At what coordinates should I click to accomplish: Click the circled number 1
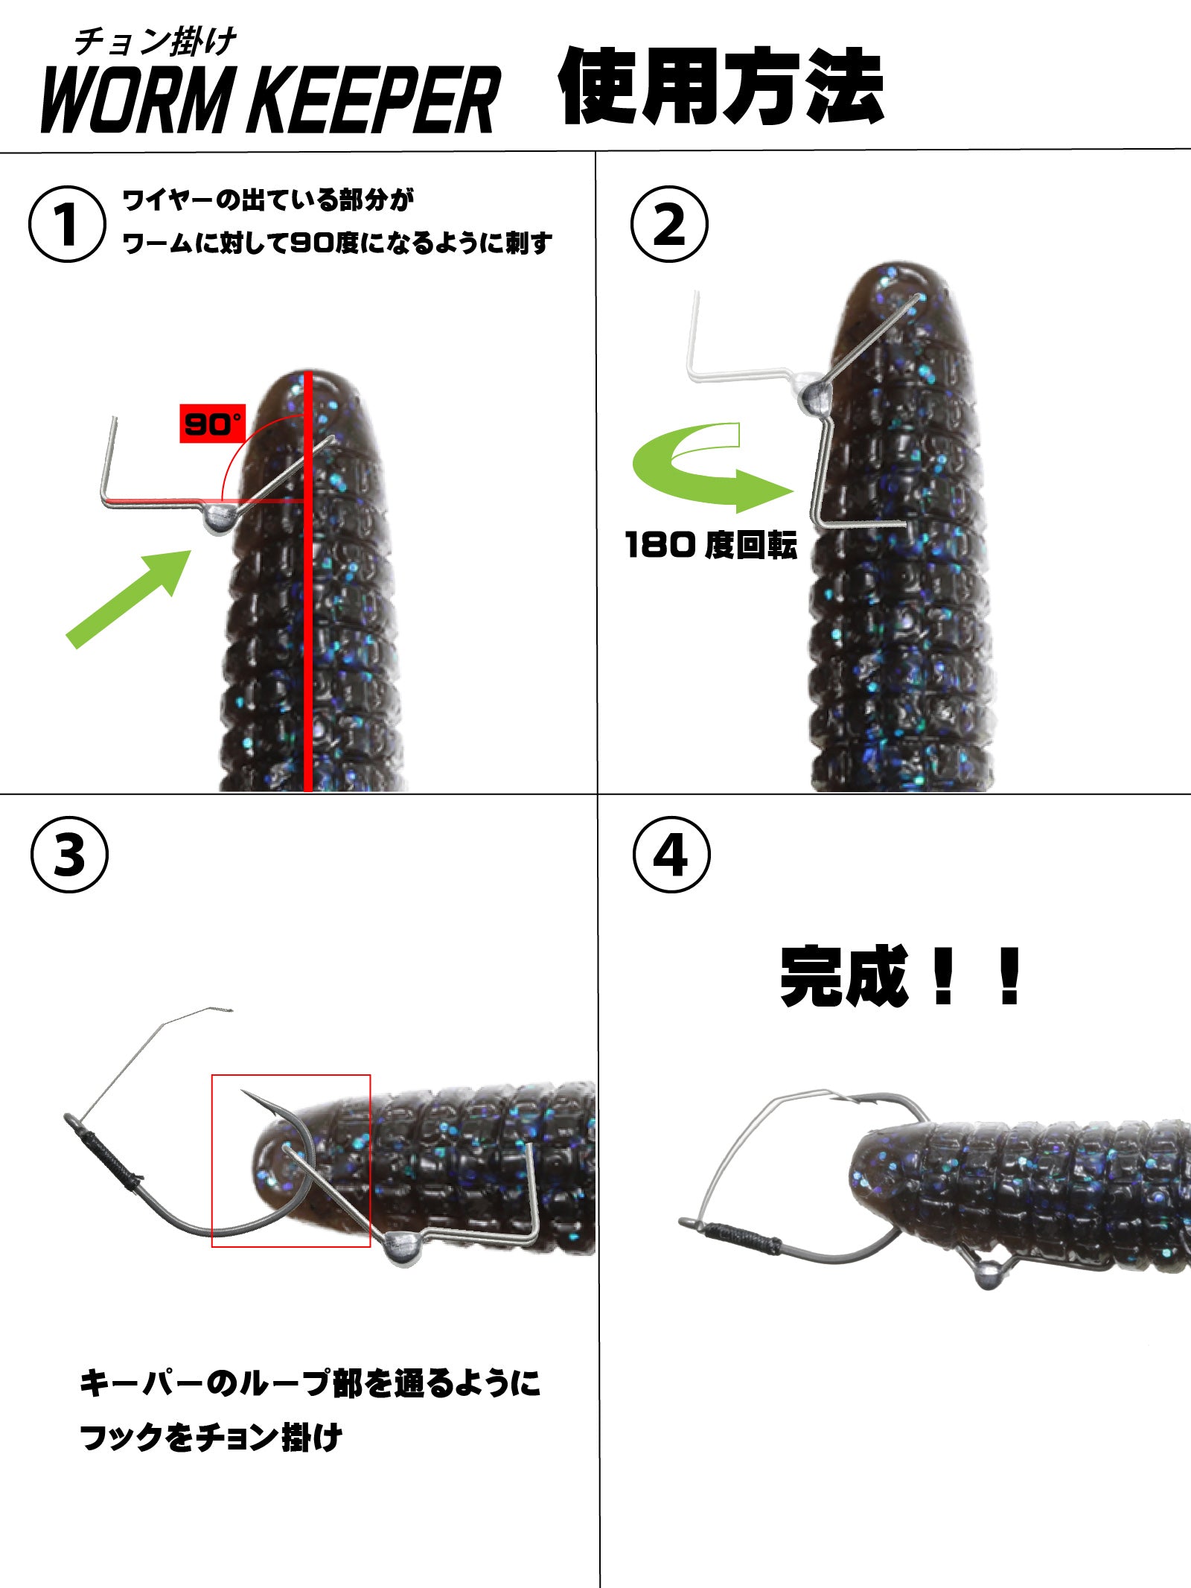[x=67, y=224]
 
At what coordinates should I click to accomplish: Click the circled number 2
[x=669, y=224]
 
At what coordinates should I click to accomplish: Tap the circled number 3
[x=69, y=855]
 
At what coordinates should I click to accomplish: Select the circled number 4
[x=671, y=855]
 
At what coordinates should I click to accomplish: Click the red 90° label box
[x=212, y=424]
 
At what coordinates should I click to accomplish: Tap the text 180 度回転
[x=711, y=545]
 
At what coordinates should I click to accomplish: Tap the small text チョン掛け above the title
[x=155, y=42]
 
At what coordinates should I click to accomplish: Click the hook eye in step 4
[x=689, y=1223]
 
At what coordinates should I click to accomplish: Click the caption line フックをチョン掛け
[x=211, y=1438]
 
